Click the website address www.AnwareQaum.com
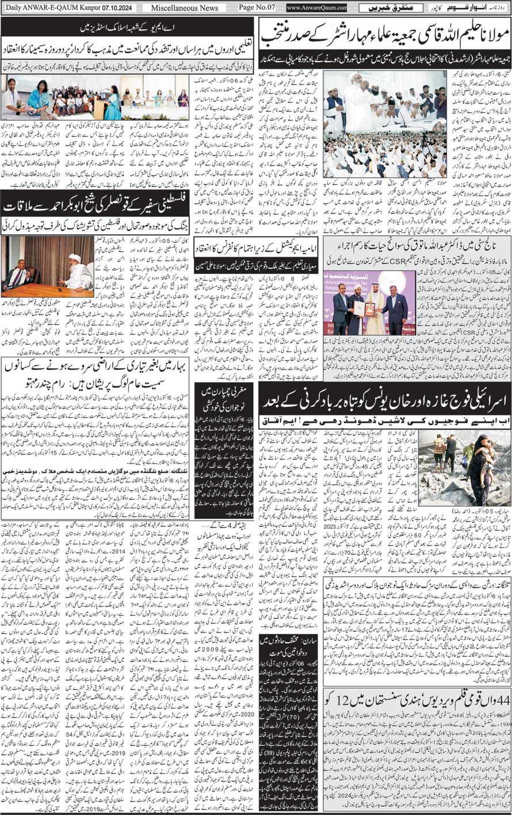317,8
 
